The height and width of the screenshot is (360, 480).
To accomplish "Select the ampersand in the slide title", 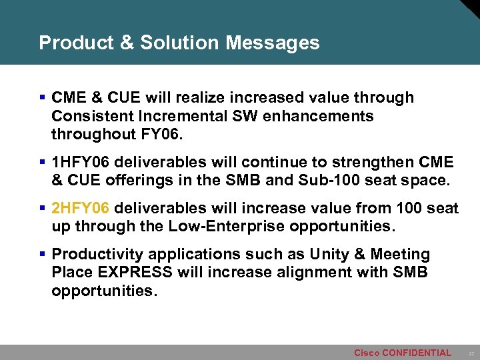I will click(x=127, y=43).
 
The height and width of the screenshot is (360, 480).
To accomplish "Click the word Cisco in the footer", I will click(x=366, y=353).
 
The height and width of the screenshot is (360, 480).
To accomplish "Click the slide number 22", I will click(x=471, y=353).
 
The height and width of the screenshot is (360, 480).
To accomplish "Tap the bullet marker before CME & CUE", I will click(x=43, y=98).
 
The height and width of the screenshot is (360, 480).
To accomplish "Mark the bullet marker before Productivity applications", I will click(x=43, y=255).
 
